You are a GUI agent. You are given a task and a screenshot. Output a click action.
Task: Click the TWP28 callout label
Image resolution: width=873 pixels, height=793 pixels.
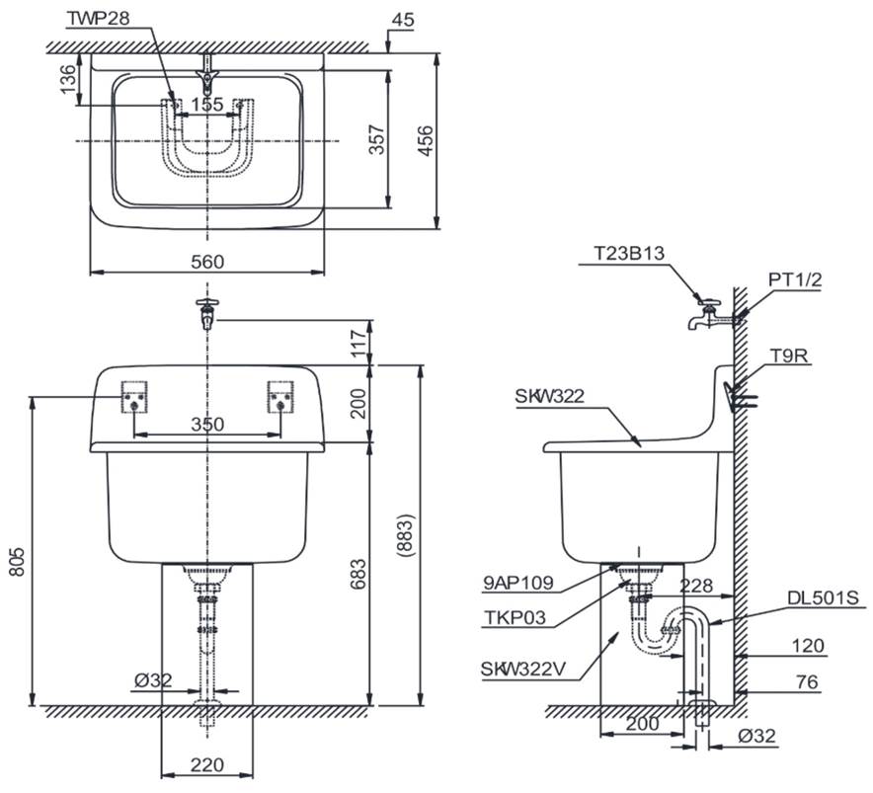click(99, 19)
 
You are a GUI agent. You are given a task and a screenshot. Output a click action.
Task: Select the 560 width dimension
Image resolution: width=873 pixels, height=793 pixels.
click(207, 261)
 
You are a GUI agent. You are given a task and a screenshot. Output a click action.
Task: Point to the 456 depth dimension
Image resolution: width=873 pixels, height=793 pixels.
click(425, 141)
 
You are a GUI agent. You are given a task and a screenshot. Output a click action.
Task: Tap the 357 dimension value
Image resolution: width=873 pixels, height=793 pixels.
click(377, 140)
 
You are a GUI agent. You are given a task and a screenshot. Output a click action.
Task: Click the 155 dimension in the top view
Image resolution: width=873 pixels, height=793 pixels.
click(207, 104)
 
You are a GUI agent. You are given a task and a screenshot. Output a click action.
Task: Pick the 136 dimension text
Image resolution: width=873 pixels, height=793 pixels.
click(67, 79)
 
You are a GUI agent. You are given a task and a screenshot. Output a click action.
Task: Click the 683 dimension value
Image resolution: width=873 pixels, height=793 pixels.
click(358, 573)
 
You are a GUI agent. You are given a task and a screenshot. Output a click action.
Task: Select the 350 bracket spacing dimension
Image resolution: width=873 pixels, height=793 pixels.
click(207, 425)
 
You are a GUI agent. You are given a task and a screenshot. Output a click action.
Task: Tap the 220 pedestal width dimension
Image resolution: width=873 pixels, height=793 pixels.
click(207, 765)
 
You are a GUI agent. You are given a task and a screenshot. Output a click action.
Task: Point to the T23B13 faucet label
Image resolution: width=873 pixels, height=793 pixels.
click(629, 254)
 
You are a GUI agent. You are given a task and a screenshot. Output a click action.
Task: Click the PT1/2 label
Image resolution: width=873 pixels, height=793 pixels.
click(795, 279)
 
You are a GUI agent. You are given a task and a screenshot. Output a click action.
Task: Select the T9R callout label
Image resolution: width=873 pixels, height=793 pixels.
click(789, 356)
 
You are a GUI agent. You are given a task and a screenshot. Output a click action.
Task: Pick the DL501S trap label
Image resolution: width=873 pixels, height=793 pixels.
click(823, 597)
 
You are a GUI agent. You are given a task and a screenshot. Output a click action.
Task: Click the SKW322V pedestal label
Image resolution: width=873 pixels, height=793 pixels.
click(523, 669)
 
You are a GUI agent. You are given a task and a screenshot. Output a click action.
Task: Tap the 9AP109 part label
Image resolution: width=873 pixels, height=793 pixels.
click(518, 583)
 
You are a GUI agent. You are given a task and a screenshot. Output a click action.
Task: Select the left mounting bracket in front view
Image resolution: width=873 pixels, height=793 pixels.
click(134, 397)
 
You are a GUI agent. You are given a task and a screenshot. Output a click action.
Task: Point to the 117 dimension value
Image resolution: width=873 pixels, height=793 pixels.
click(358, 342)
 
